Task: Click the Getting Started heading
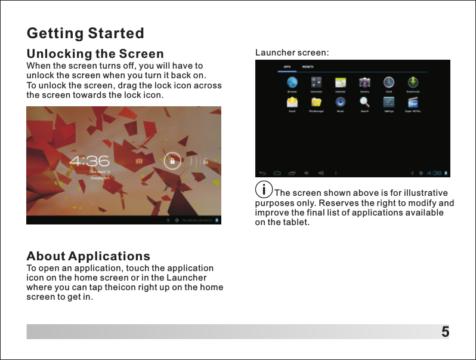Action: pos(85,32)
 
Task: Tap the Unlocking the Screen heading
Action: pos(95,54)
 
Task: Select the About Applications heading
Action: pos(88,257)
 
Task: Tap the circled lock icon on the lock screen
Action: pos(172,161)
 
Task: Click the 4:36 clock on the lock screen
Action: pos(89,161)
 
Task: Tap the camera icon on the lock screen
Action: pos(139,161)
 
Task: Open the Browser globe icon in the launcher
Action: pos(292,82)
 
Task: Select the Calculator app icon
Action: pos(317,82)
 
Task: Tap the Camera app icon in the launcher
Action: pos(364,82)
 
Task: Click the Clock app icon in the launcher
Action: pos(388,82)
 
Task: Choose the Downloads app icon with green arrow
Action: pos(413,82)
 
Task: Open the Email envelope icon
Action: pos(292,102)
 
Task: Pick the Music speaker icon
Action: pos(341,102)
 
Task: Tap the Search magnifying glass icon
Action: pos(364,102)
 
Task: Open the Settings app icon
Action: pos(388,102)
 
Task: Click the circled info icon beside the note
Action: pos(263,190)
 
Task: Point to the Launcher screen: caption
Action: pos(292,53)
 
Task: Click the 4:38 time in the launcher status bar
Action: pos(434,173)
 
